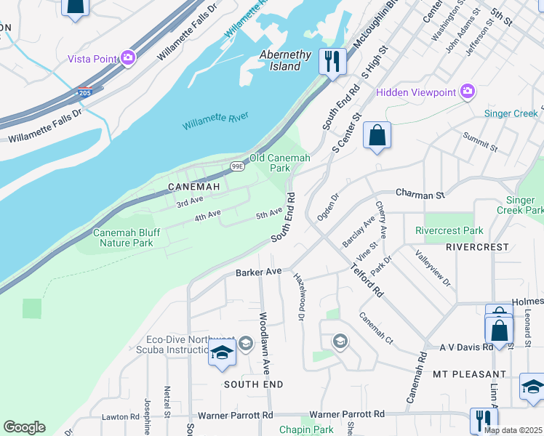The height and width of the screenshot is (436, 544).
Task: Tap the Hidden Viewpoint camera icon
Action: click(468, 92)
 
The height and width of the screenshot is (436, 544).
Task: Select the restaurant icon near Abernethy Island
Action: click(332, 61)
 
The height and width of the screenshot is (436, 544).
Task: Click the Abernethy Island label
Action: click(286, 60)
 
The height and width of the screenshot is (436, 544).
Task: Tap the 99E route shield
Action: click(237, 166)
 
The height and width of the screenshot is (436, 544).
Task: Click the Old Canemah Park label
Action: click(280, 162)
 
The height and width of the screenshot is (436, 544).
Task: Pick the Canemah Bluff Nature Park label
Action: click(123, 238)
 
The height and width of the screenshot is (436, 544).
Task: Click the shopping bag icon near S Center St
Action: click(377, 136)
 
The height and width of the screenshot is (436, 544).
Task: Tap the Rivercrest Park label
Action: click(449, 230)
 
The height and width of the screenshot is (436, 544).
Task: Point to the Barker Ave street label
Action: click(258, 272)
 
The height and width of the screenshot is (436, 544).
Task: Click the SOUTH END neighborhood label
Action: click(252, 383)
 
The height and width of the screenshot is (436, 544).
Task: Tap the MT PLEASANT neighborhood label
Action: click(469, 374)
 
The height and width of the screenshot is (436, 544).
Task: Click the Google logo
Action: click(24, 427)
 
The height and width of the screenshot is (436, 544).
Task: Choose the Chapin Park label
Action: click(305, 429)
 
